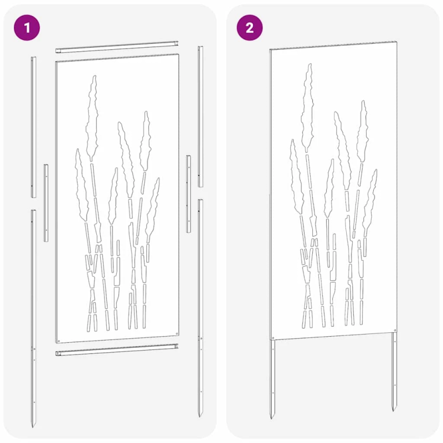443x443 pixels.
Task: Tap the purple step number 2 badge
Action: [x=250, y=27]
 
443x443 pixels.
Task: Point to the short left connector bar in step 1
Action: [x=46, y=202]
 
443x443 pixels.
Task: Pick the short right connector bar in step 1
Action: [x=188, y=193]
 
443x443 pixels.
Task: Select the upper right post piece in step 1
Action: [x=200, y=116]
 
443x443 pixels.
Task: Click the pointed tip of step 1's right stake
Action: [x=200, y=415]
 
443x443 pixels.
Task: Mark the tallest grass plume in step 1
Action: [x=92, y=111]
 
